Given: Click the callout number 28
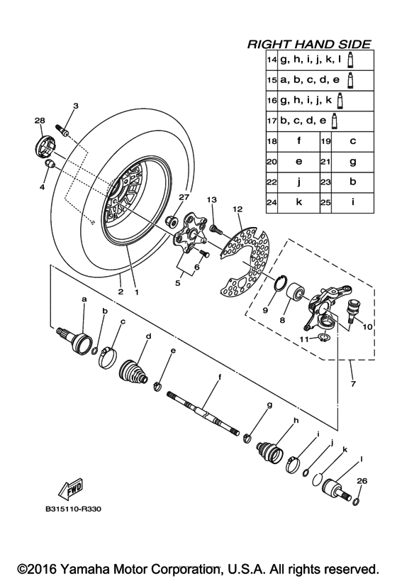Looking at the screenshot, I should tap(39, 120).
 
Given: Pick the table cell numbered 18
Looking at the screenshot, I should tap(271, 141).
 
